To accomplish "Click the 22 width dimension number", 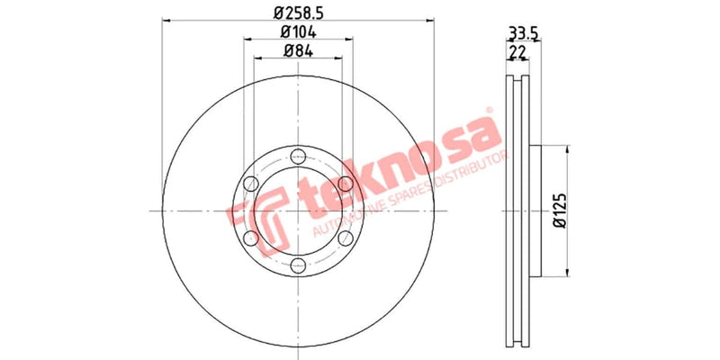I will click(517, 54).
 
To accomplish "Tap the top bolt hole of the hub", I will click(297, 158).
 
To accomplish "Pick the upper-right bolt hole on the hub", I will click(343, 184).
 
